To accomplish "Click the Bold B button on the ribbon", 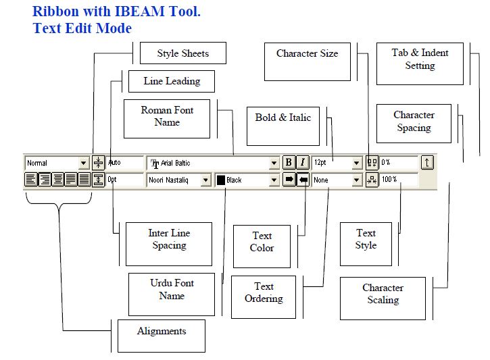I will pyautogui.click(x=289, y=163).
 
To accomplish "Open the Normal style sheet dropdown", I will pyautogui.click(x=57, y=163).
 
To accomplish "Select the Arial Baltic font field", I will pyautogui.click(x=213, y=163).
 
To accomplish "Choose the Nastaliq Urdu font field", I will pyautogui.click(x=178, y=180).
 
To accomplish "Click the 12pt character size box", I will pyautogui.click(x=337, y=163).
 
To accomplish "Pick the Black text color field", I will pyautogui.click(x=246, y=180).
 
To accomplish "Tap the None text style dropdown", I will pyautogui.click(x=337, y=180).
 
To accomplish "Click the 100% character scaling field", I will pyautogui.click(x=398, y=180).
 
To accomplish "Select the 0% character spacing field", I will pyautogui.click(x=398, y=163).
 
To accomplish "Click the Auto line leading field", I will pyautogui.click(x=124, y=163).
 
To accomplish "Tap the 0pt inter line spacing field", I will pyautogui.click(x=124, y=180).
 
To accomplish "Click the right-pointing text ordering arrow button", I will pyautogui.click(x=289, y=180).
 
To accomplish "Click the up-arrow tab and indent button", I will pyautogui.click(x=427, y=163).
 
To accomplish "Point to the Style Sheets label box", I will pyautogui.click(x=182, y=53).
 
